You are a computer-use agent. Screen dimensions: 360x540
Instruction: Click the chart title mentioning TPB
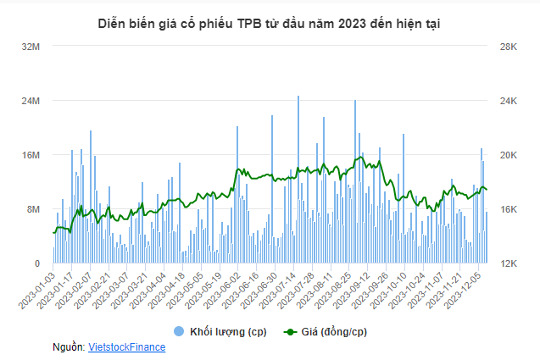click(x=270, y=24)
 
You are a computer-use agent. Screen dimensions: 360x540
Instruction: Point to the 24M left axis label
click(x=31, y=102)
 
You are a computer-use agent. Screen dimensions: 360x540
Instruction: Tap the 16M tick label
click(x=31, y=156)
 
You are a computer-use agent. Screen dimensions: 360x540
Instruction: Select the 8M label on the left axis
click(x=33, y=210)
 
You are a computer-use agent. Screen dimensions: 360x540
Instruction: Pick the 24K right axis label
click(x=507, y=102)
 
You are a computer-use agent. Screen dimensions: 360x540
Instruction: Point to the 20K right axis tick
click(x=507, y=156)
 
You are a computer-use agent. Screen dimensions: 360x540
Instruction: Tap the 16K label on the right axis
click(x=507, y=210)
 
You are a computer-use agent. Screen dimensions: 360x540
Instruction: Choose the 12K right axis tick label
click(x=507, y=264)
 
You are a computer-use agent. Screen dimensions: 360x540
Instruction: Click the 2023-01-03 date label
click(x=39, y=291)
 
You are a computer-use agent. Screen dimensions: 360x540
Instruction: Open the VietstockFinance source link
click(x=126, y=346)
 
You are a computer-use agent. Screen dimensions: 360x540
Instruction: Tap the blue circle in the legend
click(x=179, y=330)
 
